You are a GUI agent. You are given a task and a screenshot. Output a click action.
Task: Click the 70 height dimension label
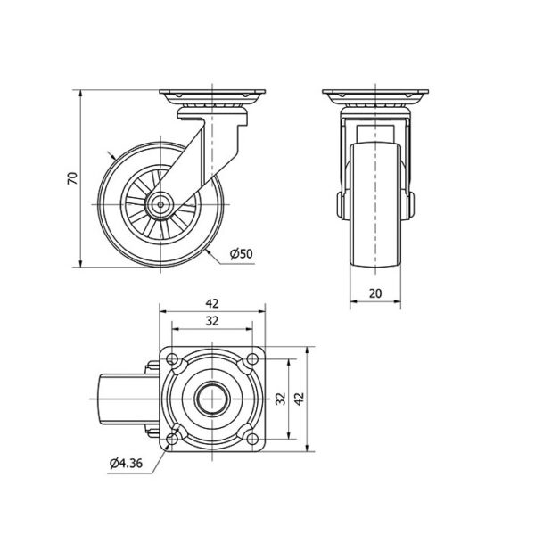(x=73, y=178)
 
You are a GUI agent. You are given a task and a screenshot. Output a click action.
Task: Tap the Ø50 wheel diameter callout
(x=242, y=254)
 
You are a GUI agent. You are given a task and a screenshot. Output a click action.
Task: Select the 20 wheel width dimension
(x=375, y=293)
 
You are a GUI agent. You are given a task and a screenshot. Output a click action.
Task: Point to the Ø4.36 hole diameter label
(x=126, y=464)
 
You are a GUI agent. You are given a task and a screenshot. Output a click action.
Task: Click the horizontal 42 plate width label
(x=212, y=303)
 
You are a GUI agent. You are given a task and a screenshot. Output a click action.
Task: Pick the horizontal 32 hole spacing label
(x=212, y=321)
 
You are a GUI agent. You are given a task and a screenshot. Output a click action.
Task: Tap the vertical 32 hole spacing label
(x=281, y=399)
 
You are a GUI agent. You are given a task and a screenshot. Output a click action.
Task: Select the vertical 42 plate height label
(x=300, y=399)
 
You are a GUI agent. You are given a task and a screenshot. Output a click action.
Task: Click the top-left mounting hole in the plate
(x=172, y=359)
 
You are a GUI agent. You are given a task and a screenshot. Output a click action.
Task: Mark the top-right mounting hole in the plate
(x=252, y=359)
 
